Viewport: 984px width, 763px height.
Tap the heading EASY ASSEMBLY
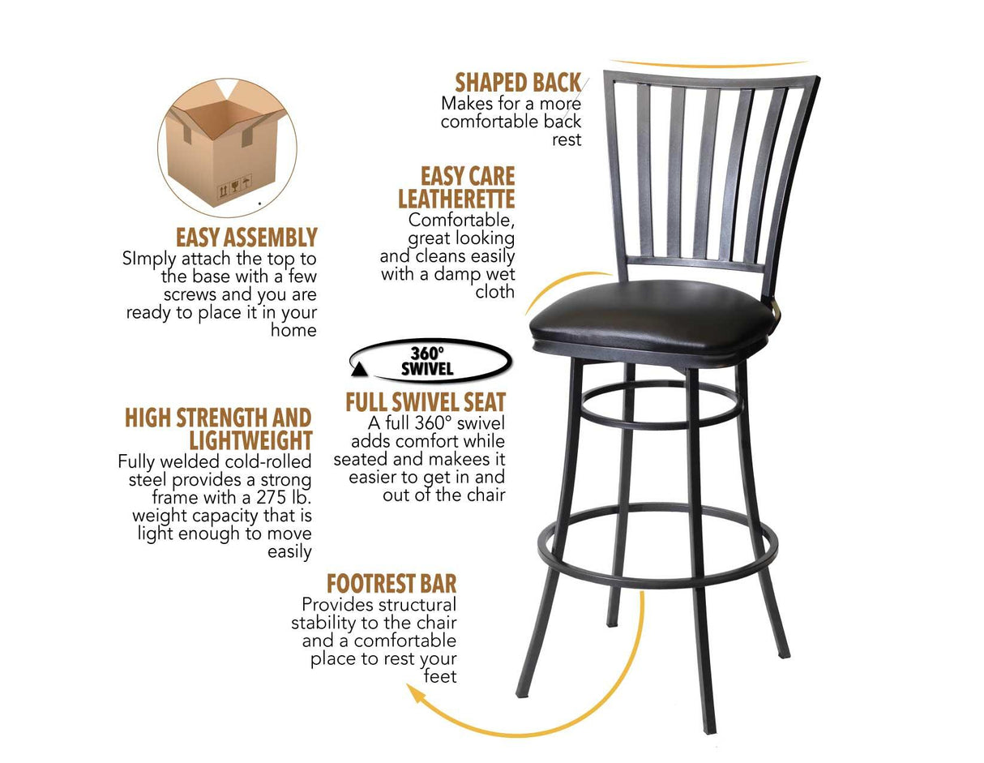pos(246,238)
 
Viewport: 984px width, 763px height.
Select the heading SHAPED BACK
pos(518,83)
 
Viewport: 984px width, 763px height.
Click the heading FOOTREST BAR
pos(391,584)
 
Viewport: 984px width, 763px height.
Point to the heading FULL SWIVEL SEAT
pos(426,402)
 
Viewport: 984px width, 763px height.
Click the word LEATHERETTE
pos(456,199)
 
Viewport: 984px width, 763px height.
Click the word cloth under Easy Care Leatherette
pos(494,292)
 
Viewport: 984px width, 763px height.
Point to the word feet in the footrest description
pos(440,676)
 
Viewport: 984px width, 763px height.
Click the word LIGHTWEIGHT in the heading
pos(250,440)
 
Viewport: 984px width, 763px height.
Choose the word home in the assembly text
pos(294,330)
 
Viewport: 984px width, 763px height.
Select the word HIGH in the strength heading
pos(148,418)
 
